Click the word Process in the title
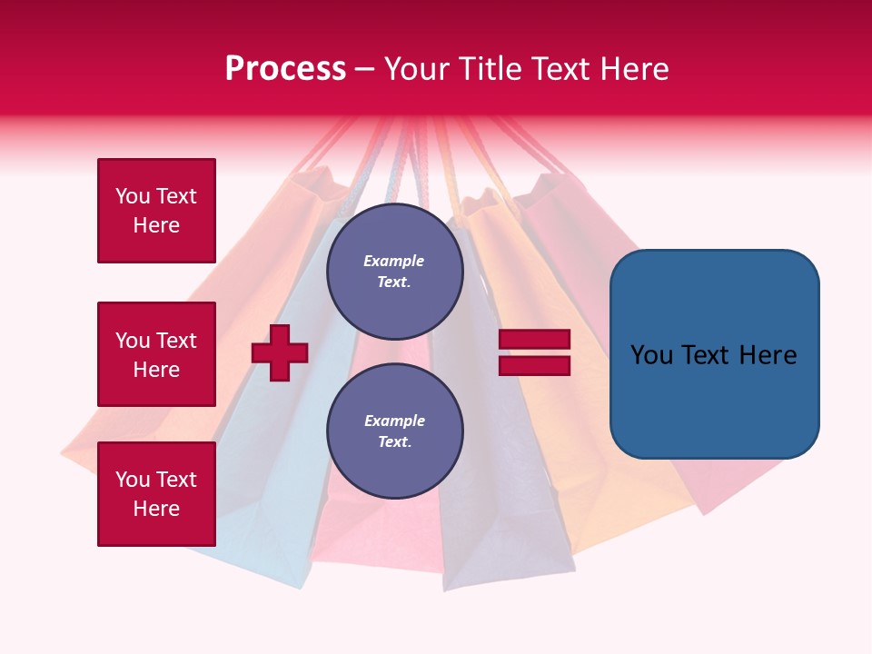[x=285, y=69]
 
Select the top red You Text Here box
[x=156, y=211]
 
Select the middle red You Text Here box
[x=156, y=354]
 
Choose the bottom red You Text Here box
[x=156, y=494]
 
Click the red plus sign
[x=280, y=352]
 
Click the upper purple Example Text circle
[x=394, y=272]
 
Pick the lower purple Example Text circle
[x=394, y=431]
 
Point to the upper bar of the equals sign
[x=535, y=339]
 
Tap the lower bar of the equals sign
[x=535, y=366]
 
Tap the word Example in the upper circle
[x=394, y=261]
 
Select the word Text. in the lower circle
[x=394, y=442]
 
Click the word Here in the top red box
[x=156, y=225]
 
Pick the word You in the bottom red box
[x=132, y=480]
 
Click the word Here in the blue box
[x=768, y=354]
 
